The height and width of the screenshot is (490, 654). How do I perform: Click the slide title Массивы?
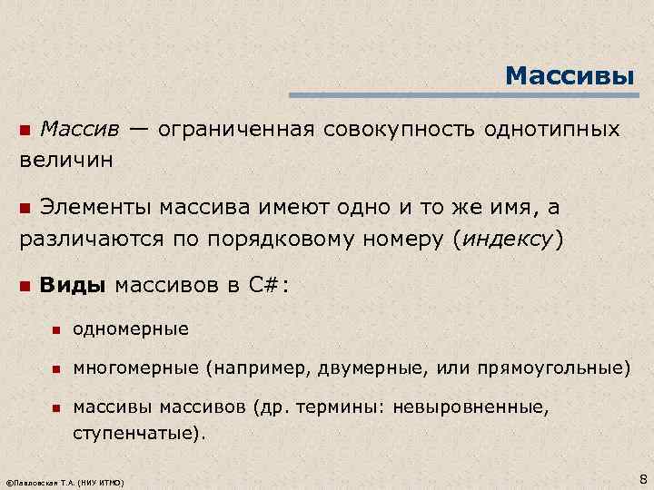[570, 74]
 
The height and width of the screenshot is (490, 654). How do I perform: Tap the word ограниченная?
[235, 129]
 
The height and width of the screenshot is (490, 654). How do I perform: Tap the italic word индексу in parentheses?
[509, 240]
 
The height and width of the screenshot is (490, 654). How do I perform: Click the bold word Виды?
[74, 287]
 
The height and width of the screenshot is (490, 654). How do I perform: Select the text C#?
[269, 287]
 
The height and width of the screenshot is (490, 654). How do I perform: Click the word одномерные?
[131, 328]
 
